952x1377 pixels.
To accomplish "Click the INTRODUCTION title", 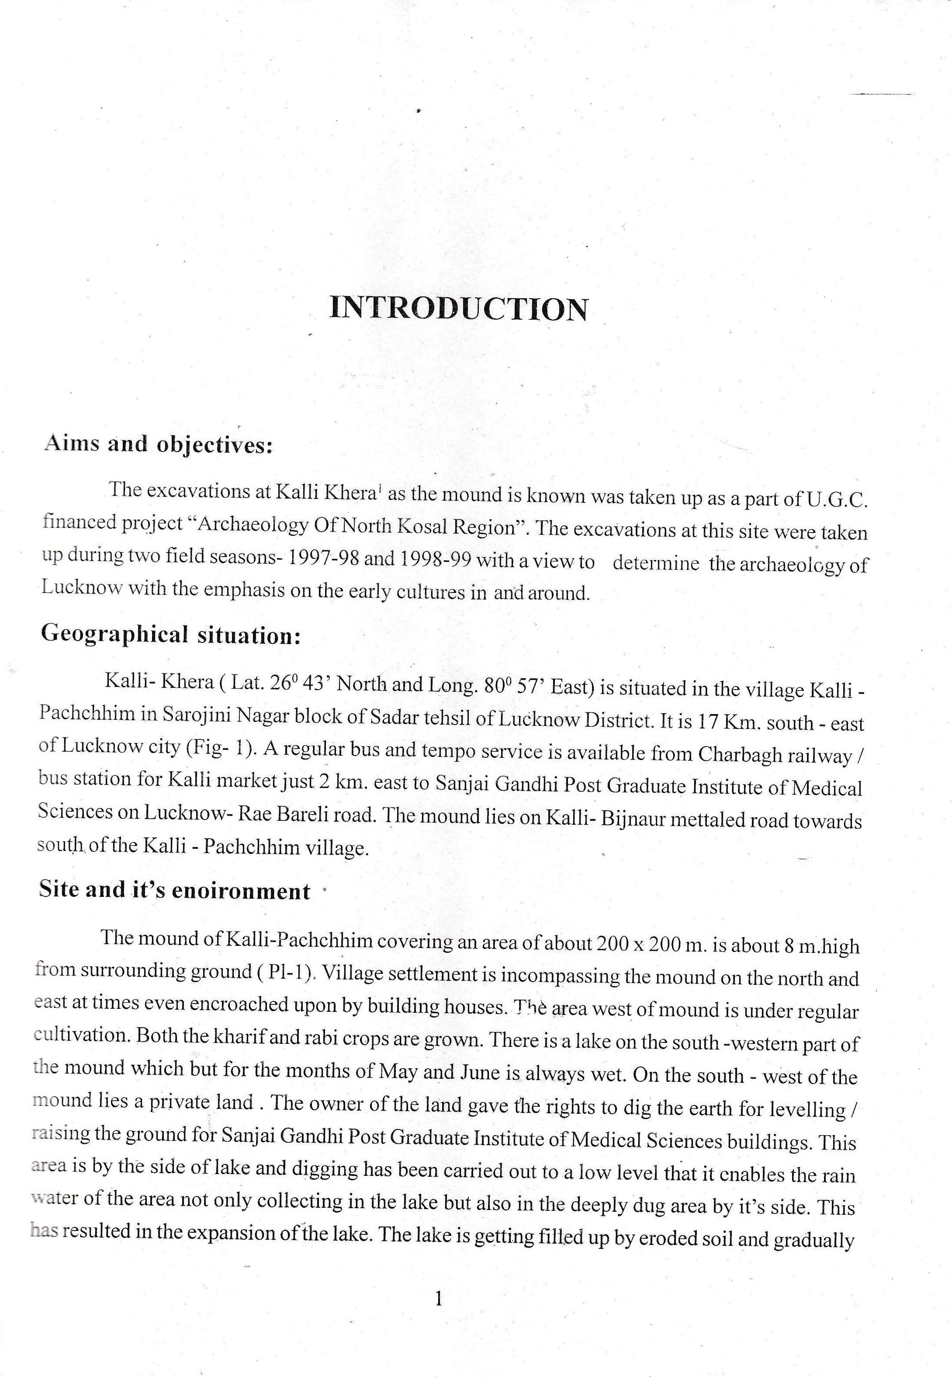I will (x=458, y=309).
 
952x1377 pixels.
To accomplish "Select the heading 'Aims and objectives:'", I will (x=158, y=445).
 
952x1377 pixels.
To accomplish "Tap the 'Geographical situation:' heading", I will (x=170, y=634).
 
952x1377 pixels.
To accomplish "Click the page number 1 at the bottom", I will (x=440, y=1299).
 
